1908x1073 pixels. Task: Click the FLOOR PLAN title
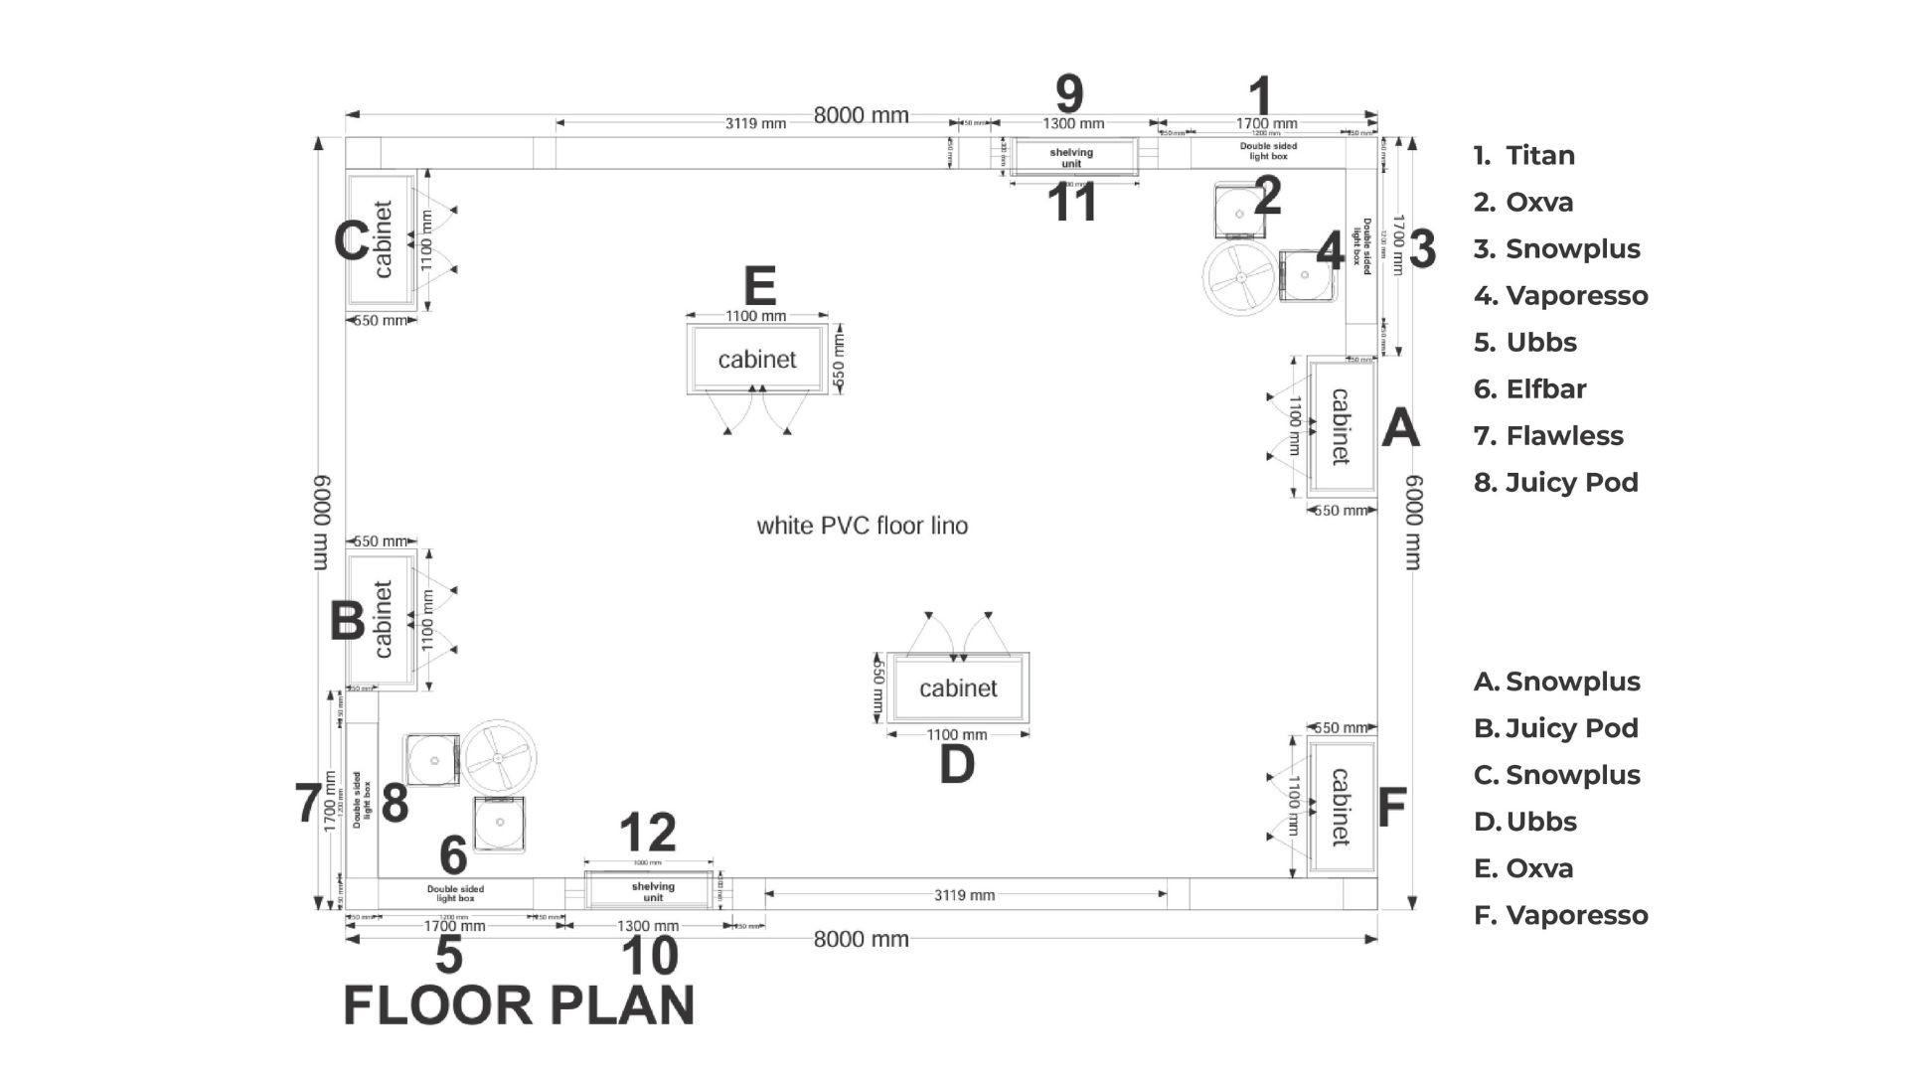pos(519,1005)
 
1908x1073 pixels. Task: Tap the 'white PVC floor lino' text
pos(862,526)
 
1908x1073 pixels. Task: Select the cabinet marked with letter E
pos(757,359)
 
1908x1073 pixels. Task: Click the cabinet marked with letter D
pos(958,688)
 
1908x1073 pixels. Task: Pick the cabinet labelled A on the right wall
pos(1341,426)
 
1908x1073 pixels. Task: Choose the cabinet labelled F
pos(1341,806)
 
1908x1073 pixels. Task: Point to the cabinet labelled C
pos(382,239)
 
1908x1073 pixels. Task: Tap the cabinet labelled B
pos(382,619)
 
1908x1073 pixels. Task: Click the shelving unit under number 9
pos(1072,157)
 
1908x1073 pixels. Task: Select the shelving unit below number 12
pos(652,890)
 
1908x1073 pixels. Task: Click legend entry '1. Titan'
pos(1524,156)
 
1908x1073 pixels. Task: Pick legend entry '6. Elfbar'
pos(1530,389)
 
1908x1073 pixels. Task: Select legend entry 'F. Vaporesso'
pos(1560,915)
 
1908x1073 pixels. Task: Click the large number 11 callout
pos(1073,203)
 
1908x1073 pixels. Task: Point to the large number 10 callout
pos(649,956)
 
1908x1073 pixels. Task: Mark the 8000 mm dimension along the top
pos(861,115)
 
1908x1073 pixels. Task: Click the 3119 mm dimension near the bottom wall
pos(964,895)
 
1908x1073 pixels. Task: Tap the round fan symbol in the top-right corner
pos(1239,280)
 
